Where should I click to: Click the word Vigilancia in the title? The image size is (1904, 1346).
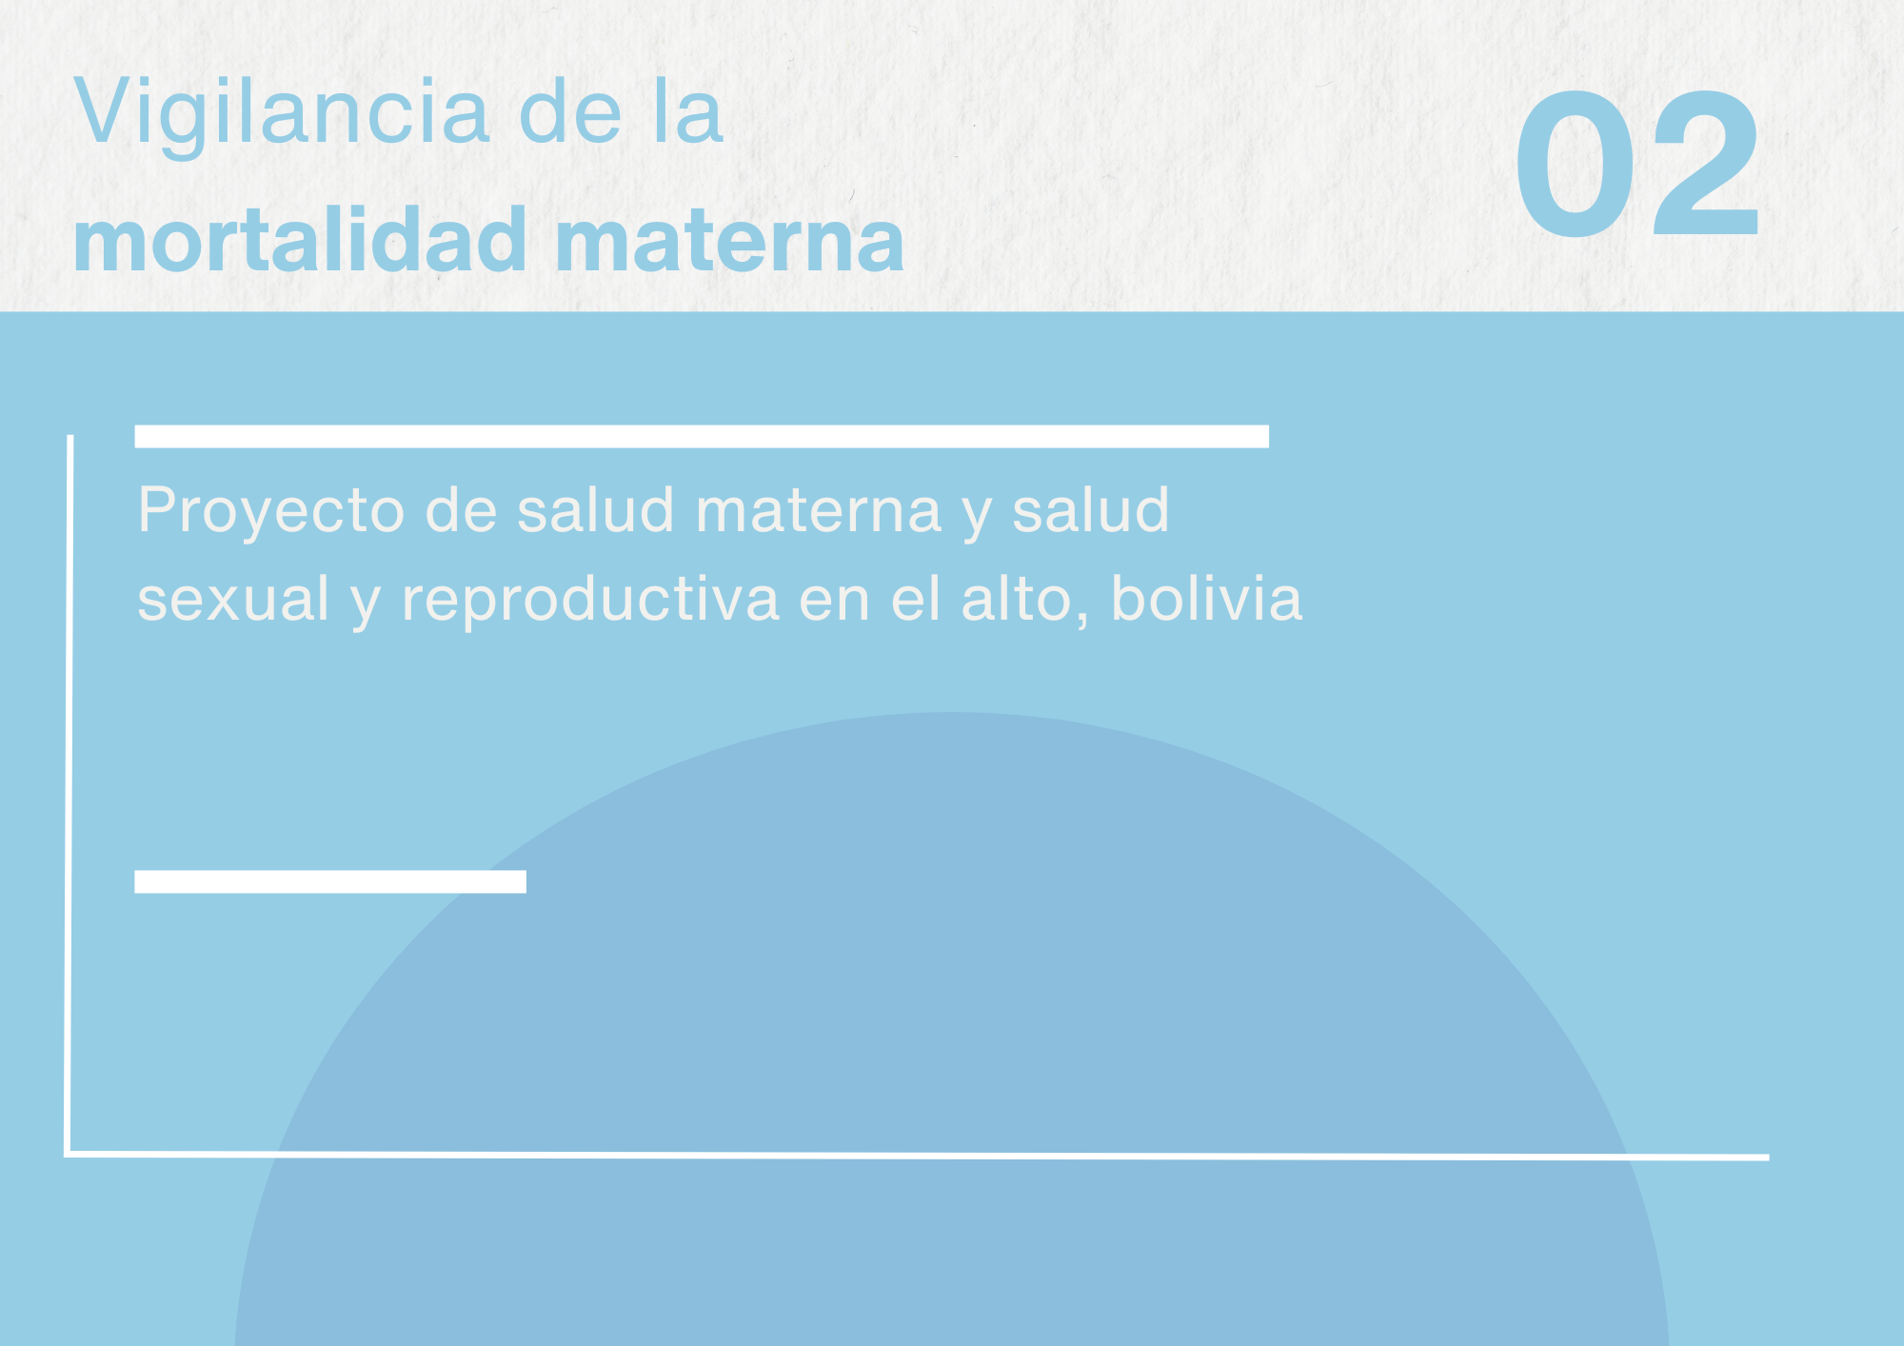coord(282,115)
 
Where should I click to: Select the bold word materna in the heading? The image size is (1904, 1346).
coord(729,244)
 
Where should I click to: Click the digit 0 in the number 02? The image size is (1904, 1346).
coord(1576,164)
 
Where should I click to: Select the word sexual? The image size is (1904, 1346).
coord(233,600)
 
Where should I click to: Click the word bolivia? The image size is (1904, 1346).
coord(1206,598)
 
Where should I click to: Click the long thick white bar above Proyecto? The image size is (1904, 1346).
coord(702,436)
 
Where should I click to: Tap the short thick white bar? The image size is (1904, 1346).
coord(330,881)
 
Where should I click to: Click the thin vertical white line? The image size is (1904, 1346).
coord(69,795)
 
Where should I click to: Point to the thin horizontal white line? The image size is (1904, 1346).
coord(918,1156)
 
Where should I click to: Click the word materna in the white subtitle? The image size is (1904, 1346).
coord(819,511)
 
